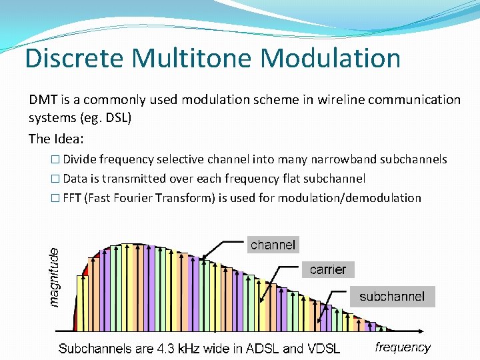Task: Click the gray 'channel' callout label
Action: tap(273, 245)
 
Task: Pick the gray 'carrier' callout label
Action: tap(328, 269)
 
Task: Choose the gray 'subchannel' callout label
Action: tap(392, 297)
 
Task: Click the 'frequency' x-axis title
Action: tap(403, 347)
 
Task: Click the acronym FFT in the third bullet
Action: tap(71, 198)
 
